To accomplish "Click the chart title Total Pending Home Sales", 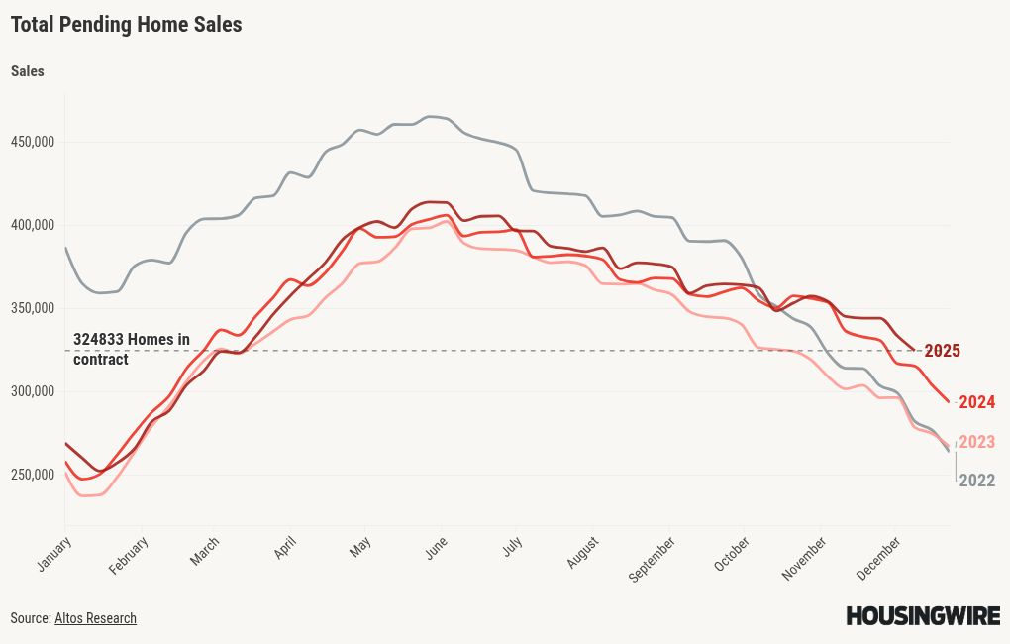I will click(x=126, y=25).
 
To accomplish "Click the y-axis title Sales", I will click(x=27, y=71).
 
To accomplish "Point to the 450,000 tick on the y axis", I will click(x=32, y=142).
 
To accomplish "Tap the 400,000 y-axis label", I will click(x=32, y=225).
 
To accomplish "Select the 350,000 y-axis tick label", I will click(x=32, y=308).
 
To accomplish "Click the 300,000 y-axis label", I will click(x=32, y=391).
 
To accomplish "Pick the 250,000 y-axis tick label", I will click(x=32, y=475).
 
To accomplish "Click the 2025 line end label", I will click(x=942, y=351).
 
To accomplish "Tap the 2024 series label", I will click(x=976, y=402).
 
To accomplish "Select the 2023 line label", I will click(x=976, y=442).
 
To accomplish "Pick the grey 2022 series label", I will click(x=976, y=482).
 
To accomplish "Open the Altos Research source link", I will click(x=95, y=618).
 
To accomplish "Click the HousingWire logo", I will click(x=922, y=616).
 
